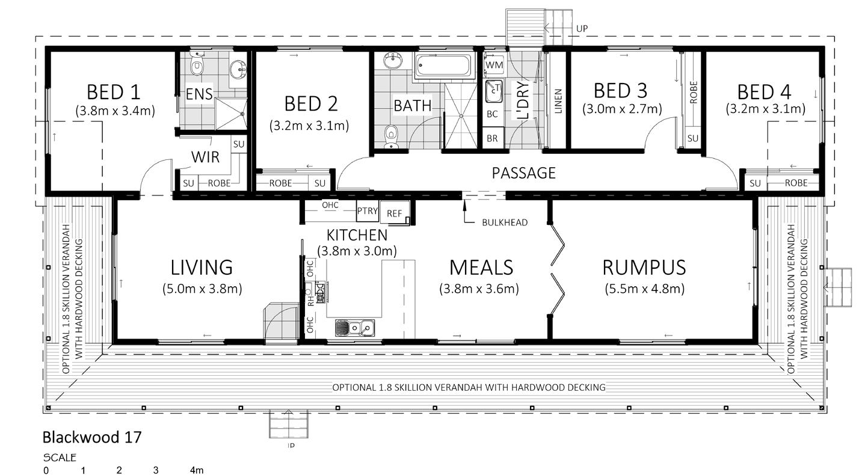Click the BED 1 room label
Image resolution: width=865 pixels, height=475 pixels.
113,92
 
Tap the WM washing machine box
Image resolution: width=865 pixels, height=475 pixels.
494,64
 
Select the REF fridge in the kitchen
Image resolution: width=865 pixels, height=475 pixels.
395,212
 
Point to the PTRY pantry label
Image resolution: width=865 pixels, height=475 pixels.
367,210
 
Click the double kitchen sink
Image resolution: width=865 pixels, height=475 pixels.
355,328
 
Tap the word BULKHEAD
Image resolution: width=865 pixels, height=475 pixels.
505,222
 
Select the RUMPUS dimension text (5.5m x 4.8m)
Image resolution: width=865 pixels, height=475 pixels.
644,289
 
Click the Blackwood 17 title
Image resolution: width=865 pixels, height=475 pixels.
92,437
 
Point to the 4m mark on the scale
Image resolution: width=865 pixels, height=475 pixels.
197,470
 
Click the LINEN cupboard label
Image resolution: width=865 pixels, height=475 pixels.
558,101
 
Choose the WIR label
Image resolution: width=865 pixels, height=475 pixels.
205,157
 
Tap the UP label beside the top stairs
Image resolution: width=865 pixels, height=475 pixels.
582,28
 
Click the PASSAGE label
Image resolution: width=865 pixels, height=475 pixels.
524,173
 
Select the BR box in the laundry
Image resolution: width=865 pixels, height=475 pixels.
492,138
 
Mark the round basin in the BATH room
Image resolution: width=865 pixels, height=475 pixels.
393,61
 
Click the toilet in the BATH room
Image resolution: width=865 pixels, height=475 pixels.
392,136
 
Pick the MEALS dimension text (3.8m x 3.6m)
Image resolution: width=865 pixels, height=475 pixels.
479,289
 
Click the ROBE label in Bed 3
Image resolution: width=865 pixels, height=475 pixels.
694,92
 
